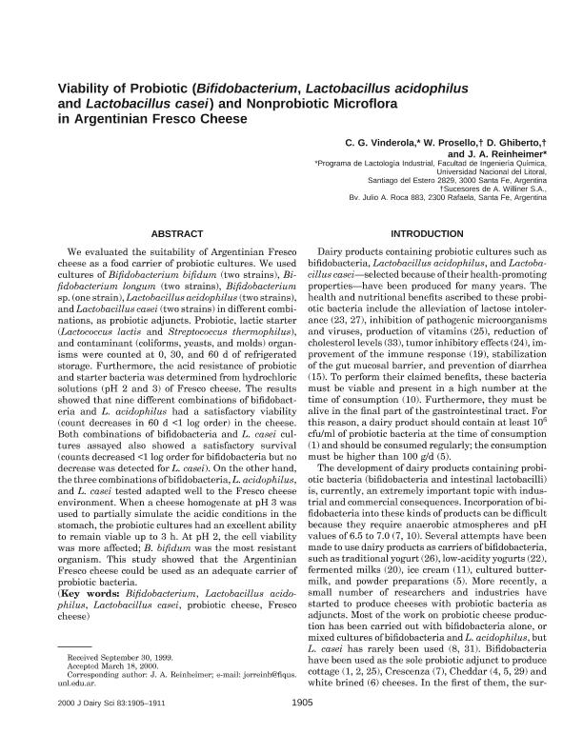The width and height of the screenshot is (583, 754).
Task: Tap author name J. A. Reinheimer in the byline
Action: point(505,153)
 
